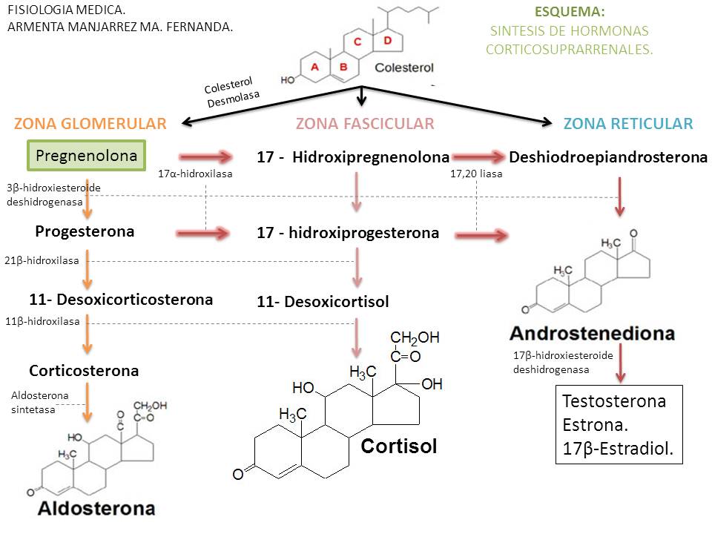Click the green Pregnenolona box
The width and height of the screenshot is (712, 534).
pyautogui.click(x=87, y=156)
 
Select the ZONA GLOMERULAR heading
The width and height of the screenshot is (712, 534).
pyautogui.click(x=89, y=124)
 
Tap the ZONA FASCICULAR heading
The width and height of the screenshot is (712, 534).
pyautogui.click(x=365, y=124)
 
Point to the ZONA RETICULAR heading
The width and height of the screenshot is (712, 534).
pyautogui.click(x=628, y=124)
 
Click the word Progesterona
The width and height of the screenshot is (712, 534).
pyautogui.click(x=85, y=231)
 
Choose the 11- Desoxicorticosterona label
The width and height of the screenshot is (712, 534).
pyautogui.click(x=121, y=300)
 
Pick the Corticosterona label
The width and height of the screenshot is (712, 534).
pyautogui.click(x=84, y=370)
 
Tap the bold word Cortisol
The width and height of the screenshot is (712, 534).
pyautogui.click(x=399, y=446)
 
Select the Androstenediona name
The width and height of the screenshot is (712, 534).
pyautogui.click(x=592, y=333)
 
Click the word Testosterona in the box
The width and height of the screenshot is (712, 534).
pyautogui.click(x=614, y=402)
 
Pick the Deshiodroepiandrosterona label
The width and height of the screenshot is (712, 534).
pyautogui.click(x=608, y=157)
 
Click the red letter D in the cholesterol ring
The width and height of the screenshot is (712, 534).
pyautogui.click(x=386, y=41)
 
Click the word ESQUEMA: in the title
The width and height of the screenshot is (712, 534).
pyautogui.click(x=569, y=13)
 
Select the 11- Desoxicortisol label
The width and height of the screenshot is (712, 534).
pyautogui.click(x=323, y=302)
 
